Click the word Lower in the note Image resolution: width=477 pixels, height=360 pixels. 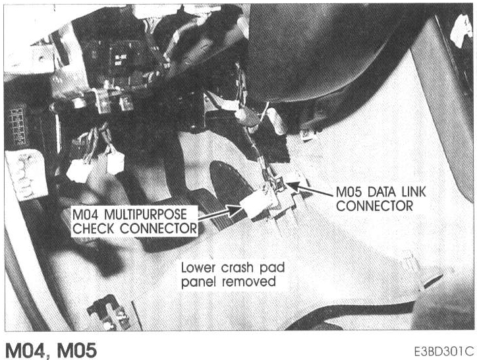click(x=200, y=268)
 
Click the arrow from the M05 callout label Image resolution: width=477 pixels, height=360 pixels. click(x=312, y=191)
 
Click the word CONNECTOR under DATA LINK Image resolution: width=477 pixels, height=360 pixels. click(x=374, y=206)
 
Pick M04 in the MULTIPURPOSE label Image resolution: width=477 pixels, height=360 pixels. click(x=87, y=216)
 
